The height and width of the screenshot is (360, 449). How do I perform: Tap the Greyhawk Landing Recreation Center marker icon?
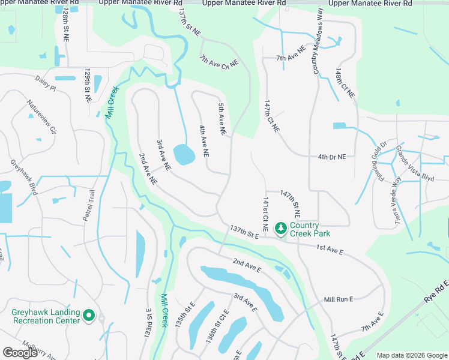click(89, 315)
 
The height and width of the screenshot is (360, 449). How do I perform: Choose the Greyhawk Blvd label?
click(23, 177)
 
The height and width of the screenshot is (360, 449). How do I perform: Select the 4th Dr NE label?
click(333, 157)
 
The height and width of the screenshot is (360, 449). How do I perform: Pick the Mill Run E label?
click(339, 299)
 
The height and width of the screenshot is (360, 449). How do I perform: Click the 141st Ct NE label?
click(265, 214)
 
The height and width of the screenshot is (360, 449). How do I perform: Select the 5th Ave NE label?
click(222, 118)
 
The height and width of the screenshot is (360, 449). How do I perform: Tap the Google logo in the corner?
click(20, 353)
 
